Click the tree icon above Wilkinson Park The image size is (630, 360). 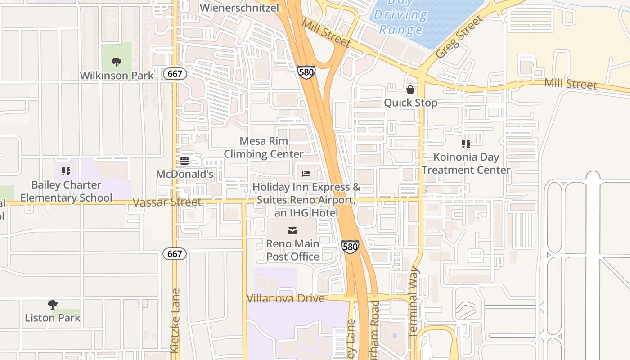(117, 62)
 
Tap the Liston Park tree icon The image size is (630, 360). (53, 305)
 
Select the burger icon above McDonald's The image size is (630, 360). (184, 161)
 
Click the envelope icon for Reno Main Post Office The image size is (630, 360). (292, 231)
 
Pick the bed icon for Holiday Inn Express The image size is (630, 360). (306, 173)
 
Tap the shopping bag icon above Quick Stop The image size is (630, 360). (410, 90)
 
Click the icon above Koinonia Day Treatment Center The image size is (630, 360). (466, 144)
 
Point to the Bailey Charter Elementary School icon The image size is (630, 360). (66, 171)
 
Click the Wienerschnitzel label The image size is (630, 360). (239, 8)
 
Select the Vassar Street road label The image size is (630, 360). (167, 202)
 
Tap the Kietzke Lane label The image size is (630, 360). (175, 320)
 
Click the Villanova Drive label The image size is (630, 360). (285, 298)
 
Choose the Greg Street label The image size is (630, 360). (459, 37)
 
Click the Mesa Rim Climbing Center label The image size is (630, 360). (264, 148)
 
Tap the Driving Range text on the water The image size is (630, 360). (400, 22)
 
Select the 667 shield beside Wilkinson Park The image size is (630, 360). (175, 74)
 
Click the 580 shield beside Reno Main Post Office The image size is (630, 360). (350, 247)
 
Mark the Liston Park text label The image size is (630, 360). (53, 318)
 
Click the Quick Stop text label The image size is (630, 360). (410, 103)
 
